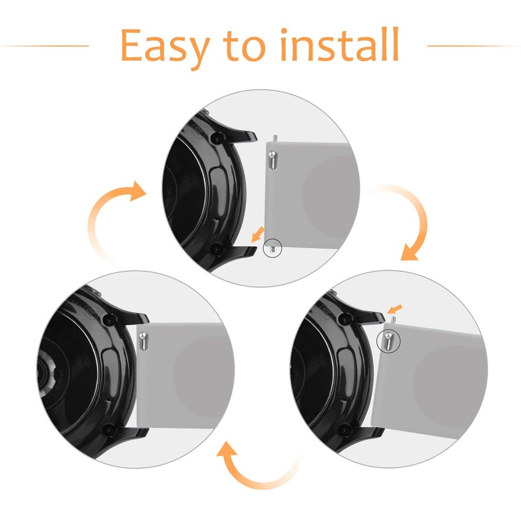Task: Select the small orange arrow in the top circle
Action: [257, 234]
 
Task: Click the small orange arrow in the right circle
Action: [395, 309]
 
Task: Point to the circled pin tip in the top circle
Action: [272, 248]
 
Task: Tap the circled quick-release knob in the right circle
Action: [388, 341]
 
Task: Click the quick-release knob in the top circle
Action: [272, 160]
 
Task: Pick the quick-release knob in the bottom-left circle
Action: [143, 341]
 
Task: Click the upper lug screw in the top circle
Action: [218, 137]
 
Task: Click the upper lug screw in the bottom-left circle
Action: [109, 320]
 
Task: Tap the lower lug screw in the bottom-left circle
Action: [109, 430]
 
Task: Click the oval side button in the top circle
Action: [219, 193]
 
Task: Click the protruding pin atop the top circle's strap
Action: [274, 138]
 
